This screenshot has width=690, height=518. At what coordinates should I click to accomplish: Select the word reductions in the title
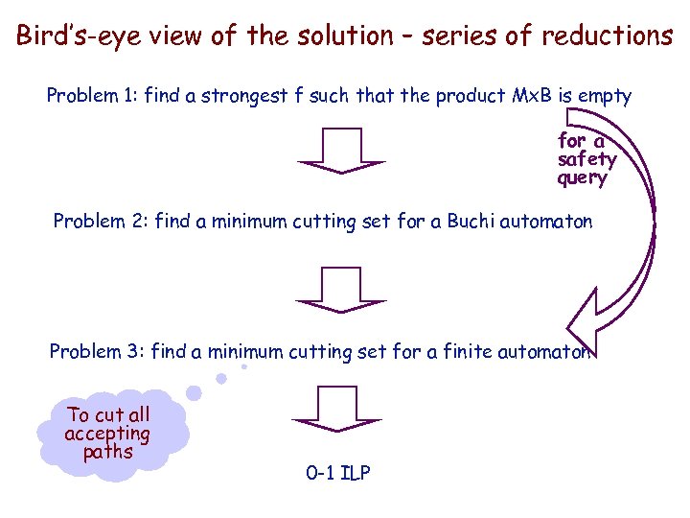pos(607,36)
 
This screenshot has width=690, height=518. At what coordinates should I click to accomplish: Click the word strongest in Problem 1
pos(225,96)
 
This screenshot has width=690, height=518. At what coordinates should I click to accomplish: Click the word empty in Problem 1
pos(606,96)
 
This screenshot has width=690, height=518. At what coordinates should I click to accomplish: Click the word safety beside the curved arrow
pos(586,159)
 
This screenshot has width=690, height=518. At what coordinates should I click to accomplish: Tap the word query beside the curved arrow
pos(583,177)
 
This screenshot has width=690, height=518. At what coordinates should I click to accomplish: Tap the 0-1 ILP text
pos(337,472)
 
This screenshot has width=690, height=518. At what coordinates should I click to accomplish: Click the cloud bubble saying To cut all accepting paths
pos(107,434)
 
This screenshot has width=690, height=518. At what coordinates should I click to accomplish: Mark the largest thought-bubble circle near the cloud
pos(194,392)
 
